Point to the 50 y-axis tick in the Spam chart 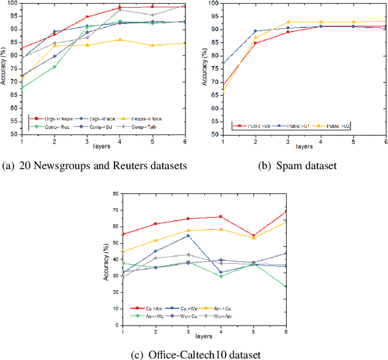[215, 135]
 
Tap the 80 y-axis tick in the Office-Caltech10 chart [114, 194]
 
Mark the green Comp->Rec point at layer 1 [22, 88]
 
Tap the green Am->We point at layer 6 [286, 287]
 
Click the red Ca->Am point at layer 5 [253, 236]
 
